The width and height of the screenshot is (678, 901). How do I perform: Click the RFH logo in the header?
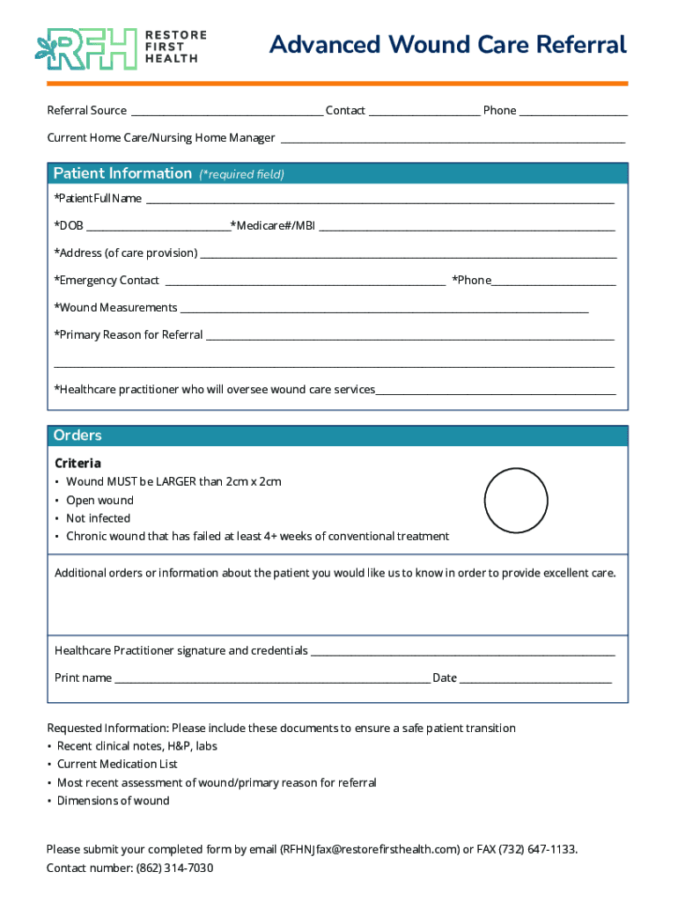[86, 48]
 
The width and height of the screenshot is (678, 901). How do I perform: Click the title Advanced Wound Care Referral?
[447, 45]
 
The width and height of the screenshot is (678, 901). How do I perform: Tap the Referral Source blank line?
[226, 112]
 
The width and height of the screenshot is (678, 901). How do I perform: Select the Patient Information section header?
[122, 173]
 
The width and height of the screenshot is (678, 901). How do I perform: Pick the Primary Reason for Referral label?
[129, 335]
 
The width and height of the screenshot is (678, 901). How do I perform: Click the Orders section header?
[77, 436]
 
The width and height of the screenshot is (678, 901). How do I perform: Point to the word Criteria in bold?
[77, 464]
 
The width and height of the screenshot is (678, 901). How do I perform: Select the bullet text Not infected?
[98, 518]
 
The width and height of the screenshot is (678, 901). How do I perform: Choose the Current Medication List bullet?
[117, 764]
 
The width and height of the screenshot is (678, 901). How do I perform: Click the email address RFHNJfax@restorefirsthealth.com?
[370, 849]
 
